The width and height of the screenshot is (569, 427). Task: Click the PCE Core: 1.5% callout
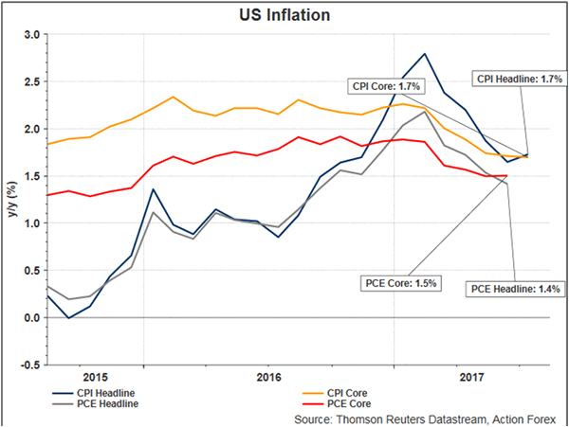(x=402, y=282)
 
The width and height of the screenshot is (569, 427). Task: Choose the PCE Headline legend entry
(x=100, y=403)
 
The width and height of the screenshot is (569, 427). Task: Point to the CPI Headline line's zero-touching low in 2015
(x=68, y=318)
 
